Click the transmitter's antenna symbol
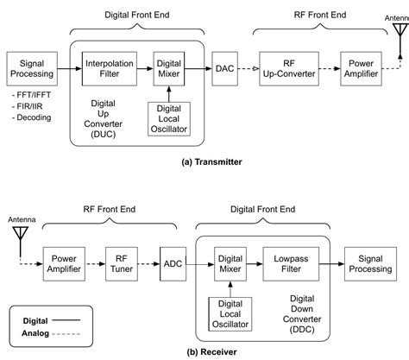[398, 31]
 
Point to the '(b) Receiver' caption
[204, 351]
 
